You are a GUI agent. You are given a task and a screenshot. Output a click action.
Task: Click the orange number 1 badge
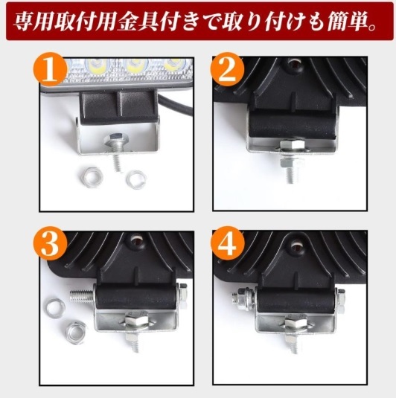pyautogui.click(x=51, y=69)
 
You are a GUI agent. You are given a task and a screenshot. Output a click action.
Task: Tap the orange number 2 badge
pyautogui.click(x=227, y=69)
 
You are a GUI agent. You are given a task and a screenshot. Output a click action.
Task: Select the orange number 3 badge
pyautogui.click(x=51, y=243)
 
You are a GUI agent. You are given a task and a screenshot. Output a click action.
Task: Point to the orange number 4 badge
pyautogui.click(x=227, y=243)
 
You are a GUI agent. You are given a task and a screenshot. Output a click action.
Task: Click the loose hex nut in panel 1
pyautogui.click(x=90, y=176)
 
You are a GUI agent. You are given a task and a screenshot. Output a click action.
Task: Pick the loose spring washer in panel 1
pyautogui.click(x=137, y=180)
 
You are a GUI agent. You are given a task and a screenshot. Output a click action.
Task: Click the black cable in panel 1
pyautogui.click(x=175, y=104)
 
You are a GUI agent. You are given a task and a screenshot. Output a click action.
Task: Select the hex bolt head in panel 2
pyautogui.click(x=292, y=145)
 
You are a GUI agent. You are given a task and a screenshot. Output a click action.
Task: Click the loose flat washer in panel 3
pyautogui.click(x=55, y=309)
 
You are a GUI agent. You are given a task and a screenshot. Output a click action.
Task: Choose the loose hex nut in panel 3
pyautogui.click(x=76, y=333)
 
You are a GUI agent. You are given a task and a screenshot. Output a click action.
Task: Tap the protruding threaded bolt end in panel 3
pyautogui.click(x=82, y=295)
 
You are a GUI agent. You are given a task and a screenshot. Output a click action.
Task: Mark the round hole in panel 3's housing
pyautogui.click(x=138, y=240)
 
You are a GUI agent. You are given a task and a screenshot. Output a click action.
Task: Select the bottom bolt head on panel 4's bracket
pyautogui.click(x=295, y=323)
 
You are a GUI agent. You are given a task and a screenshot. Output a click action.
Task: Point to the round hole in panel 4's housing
pyautogui.click(x=296, y=245)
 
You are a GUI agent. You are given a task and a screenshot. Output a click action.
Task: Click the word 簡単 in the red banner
pyautogui.click(x=343, y=22)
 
